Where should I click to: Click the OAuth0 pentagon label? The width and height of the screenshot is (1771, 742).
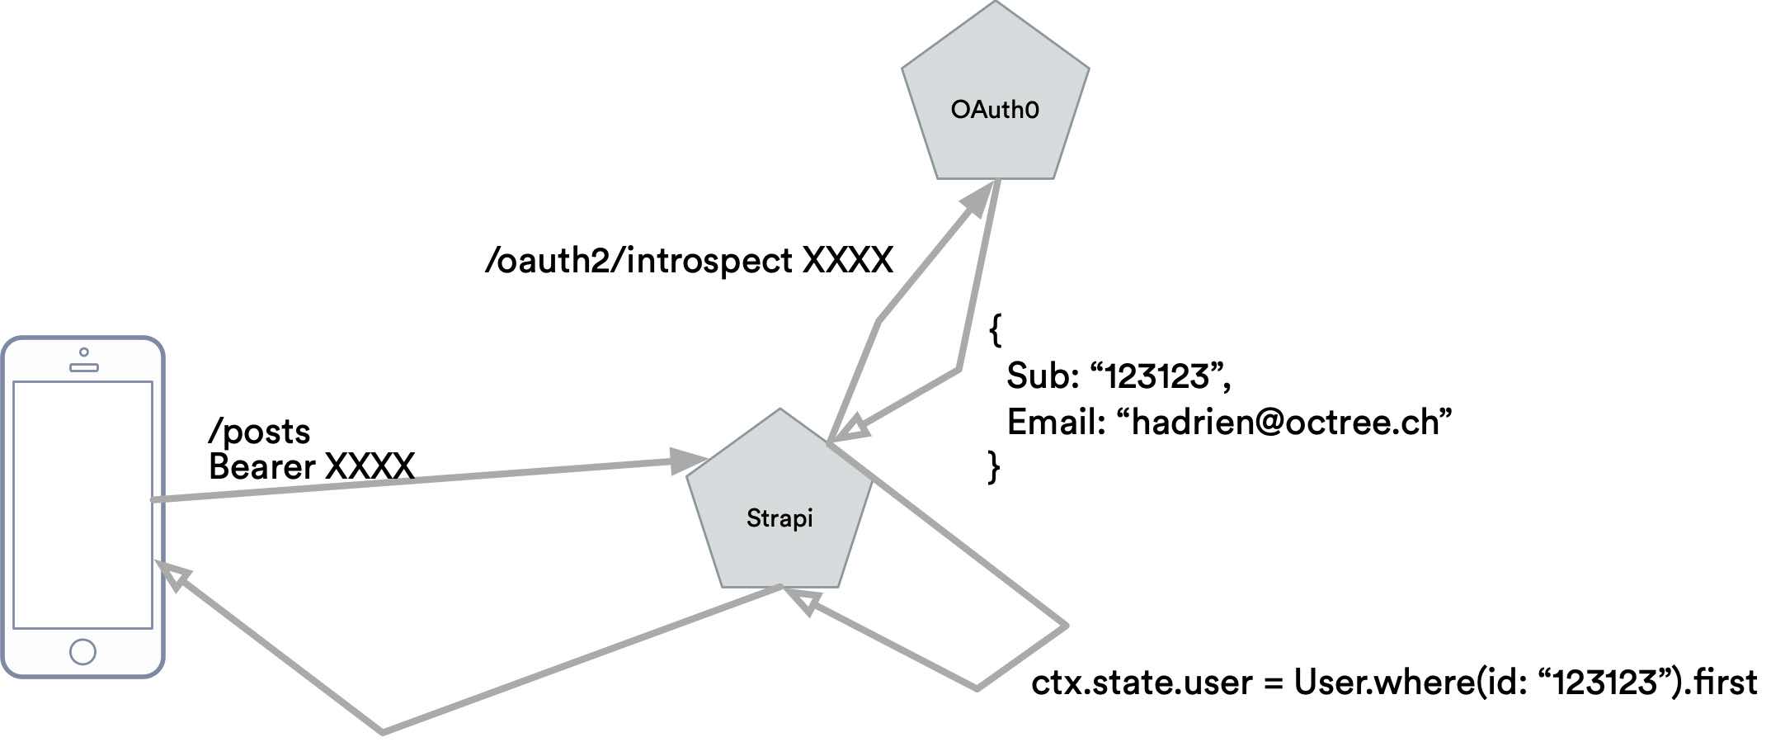click(994, 110)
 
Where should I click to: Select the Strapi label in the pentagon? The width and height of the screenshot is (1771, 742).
click(779, 518)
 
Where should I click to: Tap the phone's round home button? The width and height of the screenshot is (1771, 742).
click(82, 651)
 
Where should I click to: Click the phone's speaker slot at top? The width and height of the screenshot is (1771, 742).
click(83, 367)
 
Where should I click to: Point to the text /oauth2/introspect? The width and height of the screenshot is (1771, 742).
click(639, 261)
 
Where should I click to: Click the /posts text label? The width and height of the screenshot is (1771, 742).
click(259, 432)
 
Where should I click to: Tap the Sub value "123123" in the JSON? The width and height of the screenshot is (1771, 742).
click(1159, 376)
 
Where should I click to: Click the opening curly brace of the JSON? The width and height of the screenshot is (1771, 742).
click(996, 329)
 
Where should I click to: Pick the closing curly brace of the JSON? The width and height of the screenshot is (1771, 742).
click(994, 466)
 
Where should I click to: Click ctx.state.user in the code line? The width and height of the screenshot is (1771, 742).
click(1142, 683)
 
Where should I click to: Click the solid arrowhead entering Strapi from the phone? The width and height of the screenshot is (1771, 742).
click(688, 461)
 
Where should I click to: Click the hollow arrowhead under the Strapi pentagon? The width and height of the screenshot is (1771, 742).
click(803, 600)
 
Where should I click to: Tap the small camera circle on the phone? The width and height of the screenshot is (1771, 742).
click(83, 352)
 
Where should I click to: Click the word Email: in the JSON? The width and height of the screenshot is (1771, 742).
click(1055, 422)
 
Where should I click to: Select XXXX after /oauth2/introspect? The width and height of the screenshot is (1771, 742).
click(847, 261)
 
